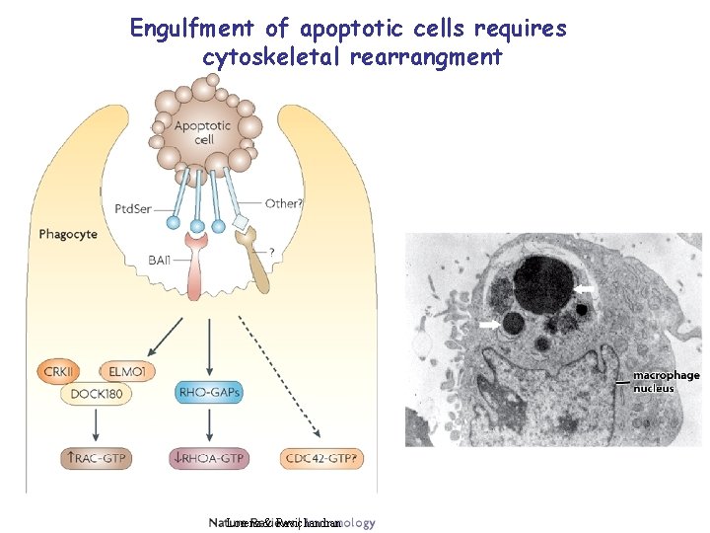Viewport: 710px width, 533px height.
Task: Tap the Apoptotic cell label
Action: [202, 132]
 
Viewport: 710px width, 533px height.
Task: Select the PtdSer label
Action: [133, 208]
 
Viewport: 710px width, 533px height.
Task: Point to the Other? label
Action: [284, 203]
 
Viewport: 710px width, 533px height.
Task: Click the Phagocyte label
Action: [68, 234]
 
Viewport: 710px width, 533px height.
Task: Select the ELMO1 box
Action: [127, 371]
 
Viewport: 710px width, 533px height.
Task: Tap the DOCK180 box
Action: [96, 394]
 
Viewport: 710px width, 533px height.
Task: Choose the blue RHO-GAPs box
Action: [209, 393]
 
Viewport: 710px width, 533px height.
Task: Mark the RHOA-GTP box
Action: [209, 459]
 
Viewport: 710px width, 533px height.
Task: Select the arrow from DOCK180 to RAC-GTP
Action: [96, 426]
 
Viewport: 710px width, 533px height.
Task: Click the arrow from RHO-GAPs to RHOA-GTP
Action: [209, 426]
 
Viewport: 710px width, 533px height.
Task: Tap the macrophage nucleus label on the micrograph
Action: [666, 381]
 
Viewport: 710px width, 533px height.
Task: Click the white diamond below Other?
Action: [240, 224]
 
